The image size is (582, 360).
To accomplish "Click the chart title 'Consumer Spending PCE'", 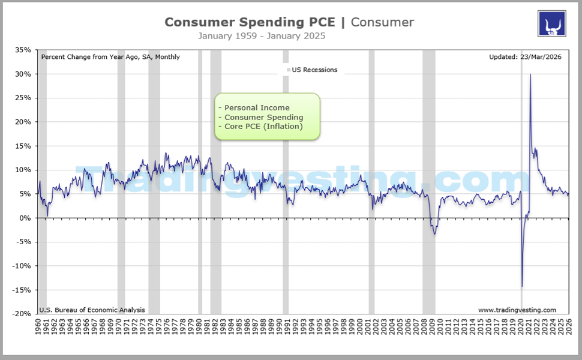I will (251, 22).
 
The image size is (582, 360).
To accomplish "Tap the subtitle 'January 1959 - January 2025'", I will (262, 36).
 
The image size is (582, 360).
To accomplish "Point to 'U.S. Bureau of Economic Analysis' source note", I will (92, 310).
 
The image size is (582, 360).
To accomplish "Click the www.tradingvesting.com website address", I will (517, 310).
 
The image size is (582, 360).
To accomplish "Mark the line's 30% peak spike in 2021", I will (530, 75).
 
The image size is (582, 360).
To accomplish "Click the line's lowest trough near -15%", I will (521, 286).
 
